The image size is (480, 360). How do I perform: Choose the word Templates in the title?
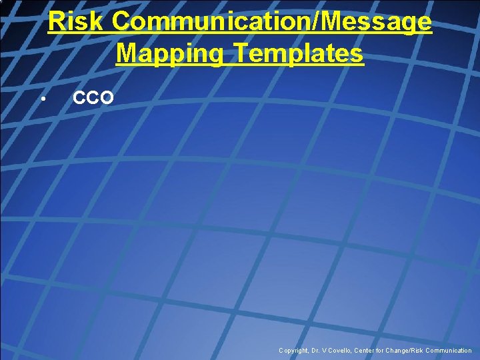294,53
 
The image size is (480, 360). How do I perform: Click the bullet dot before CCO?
41,100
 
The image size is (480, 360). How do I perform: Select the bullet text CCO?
93,99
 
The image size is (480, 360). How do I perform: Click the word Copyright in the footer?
294,351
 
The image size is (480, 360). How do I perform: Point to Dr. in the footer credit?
317,351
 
